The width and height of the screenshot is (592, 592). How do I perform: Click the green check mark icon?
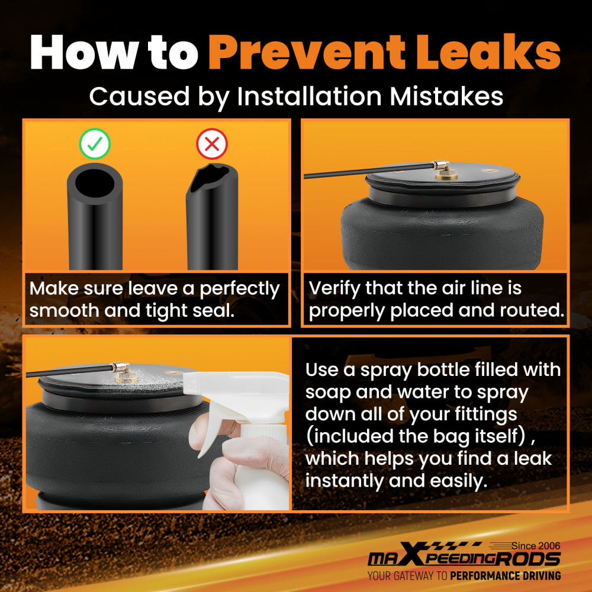coord(95,144)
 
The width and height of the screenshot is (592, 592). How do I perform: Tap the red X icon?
coord(212,144)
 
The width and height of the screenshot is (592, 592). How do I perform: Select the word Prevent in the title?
coord(307,52)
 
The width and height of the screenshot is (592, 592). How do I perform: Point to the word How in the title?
coord(83,52)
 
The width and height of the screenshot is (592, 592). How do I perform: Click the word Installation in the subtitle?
coord(310,96)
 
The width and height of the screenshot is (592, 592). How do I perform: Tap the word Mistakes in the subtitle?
coord(446,96)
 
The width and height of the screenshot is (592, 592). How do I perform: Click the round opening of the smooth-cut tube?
coord(94,182)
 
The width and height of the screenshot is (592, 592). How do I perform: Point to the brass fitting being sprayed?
coord(123,372)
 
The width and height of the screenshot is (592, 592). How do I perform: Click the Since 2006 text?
coord(536,546)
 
